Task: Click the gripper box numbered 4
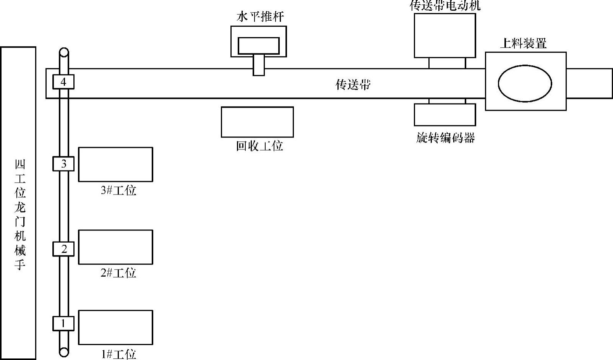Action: point(63,82)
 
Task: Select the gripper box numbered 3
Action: point(63,164)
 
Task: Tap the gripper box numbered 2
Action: point(63,249)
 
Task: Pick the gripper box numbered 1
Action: point(63,323)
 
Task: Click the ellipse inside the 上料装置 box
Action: point(525,83)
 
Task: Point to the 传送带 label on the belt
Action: point(353,84)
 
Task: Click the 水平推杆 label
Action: point(260,17)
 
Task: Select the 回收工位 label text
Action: point(259,146)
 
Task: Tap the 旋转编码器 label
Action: point(445,138)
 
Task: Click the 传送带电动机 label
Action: point(445,6)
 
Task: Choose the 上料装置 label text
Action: point(523,43)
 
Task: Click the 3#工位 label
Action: point(118,190)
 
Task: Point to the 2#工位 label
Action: point(118,273)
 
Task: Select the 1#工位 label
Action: point(118,354)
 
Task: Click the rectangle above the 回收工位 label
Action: point(257,122)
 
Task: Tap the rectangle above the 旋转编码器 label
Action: point(445,115)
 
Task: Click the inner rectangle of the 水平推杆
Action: point(259,45)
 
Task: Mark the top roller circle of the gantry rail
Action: point(64,52)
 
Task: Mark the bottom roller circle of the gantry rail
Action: point(64,352)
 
